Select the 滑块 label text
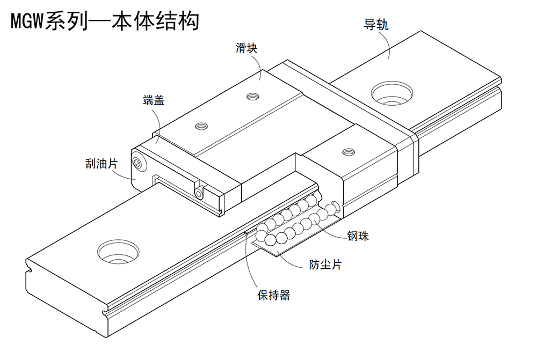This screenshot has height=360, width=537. [246, 48]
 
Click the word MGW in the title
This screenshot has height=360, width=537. [26, 21]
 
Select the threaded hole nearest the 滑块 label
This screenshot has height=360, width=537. [251, 97]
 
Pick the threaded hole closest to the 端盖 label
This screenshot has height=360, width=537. [201, 126]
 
